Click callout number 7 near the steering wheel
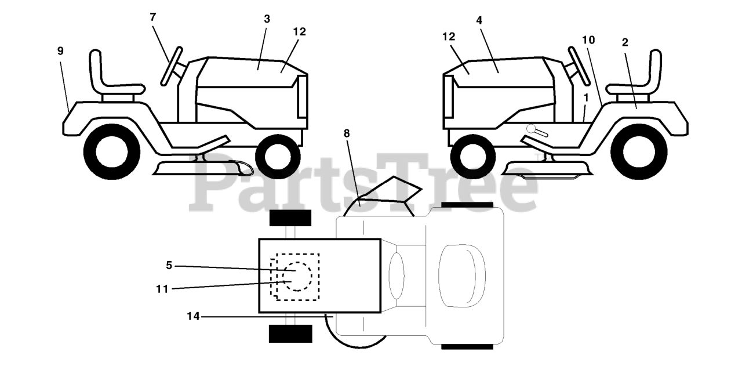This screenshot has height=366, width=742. click(x=153, y=17)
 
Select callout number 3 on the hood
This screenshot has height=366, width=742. click(x=267, y=19)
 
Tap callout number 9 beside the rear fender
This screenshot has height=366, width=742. click(x=60, y=51)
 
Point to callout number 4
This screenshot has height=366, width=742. click(x=479, y=20)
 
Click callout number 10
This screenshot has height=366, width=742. click(x=588, y=40)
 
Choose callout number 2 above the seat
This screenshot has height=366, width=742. click(x=625, y=42)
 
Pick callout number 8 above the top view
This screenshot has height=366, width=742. click(x=347, y=133)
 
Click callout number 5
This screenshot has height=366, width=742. click(x=169, y=266)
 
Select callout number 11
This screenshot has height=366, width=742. click(x=162, y=288)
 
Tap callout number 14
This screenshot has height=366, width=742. click(x=193, y=317)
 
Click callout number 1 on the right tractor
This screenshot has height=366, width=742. click(x=586, y=96)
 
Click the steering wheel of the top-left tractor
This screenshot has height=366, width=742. click(x=172, y=65)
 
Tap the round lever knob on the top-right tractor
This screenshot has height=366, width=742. click(x=530, y=128)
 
